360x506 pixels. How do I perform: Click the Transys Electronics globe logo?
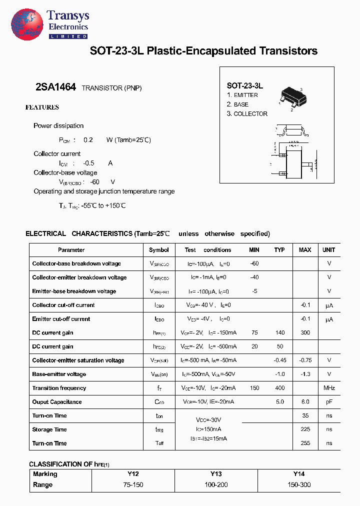[26, 24]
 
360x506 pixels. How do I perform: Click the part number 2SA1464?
[55, 87]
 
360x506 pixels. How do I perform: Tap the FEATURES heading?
[42, 107]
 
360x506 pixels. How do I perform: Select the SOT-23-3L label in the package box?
[245, 85]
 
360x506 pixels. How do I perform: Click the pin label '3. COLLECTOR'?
[247, 113]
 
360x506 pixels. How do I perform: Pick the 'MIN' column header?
[254, 250]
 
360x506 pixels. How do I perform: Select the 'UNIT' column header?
[329, 250]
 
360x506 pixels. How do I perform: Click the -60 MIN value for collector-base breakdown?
[254, 263]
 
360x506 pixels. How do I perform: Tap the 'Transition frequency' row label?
[59, 388]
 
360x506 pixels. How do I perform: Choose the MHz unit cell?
[329, 388]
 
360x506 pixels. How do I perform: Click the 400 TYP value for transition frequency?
[279, 388]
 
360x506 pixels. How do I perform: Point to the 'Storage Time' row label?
[49, 429]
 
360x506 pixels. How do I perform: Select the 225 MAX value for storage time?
[305, 429]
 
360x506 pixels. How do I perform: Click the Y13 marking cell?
[215, 474]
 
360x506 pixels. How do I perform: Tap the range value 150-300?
[298, 485]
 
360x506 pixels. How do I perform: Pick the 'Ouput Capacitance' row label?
[56, 402]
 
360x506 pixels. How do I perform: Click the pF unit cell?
[329, 402]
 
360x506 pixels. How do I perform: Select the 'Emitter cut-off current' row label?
[61, 319]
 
